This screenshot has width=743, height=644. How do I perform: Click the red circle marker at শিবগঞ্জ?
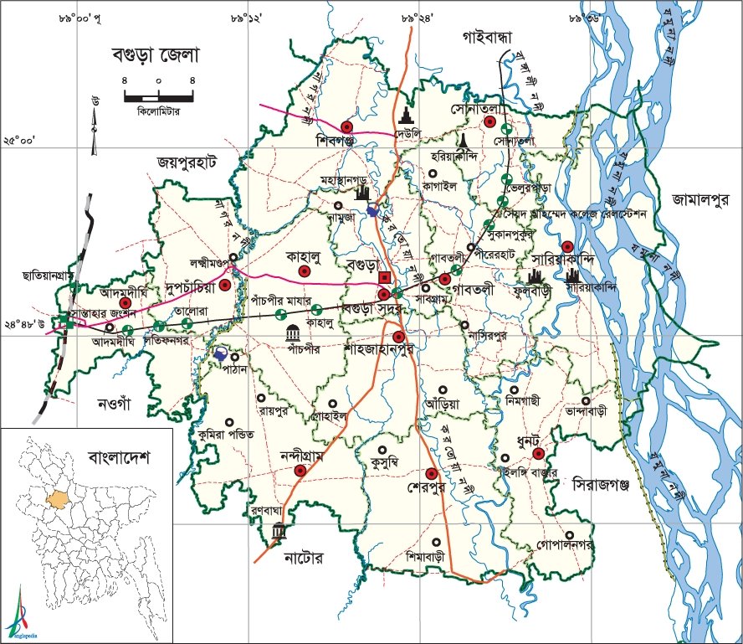(x=346, y=127)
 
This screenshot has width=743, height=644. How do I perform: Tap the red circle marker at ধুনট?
(x=539, y=453)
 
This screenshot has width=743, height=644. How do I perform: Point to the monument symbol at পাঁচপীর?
(x=293, y=329)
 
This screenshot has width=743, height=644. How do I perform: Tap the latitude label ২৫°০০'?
(x=19, y=141)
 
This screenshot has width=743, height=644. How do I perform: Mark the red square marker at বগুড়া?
(x=384, y=276)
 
